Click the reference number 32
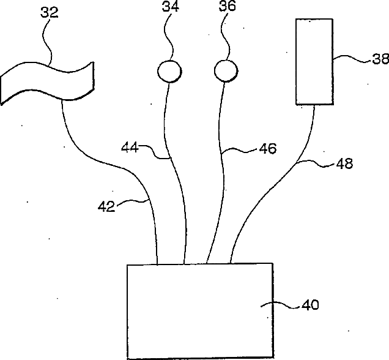coord(50,13)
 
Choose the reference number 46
coord(267,148)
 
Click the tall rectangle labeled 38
coord(314,61)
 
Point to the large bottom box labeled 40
coord(199,311)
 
